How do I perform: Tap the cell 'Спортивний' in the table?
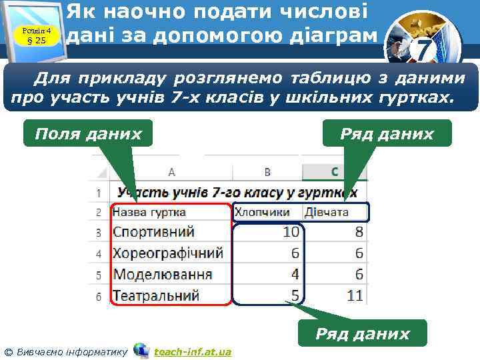point(154,232)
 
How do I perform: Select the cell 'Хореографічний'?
point(168,253)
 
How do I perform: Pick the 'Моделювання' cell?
point(163,274)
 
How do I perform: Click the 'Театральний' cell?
point(157,295)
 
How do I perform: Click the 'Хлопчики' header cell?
point(262,212)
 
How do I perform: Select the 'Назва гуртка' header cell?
point(149,212)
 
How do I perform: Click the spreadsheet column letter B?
point(267,172)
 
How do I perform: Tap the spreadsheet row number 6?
point(98,295)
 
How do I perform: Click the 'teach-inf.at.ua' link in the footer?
point(193,351)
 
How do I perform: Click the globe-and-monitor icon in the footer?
point(141,350)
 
